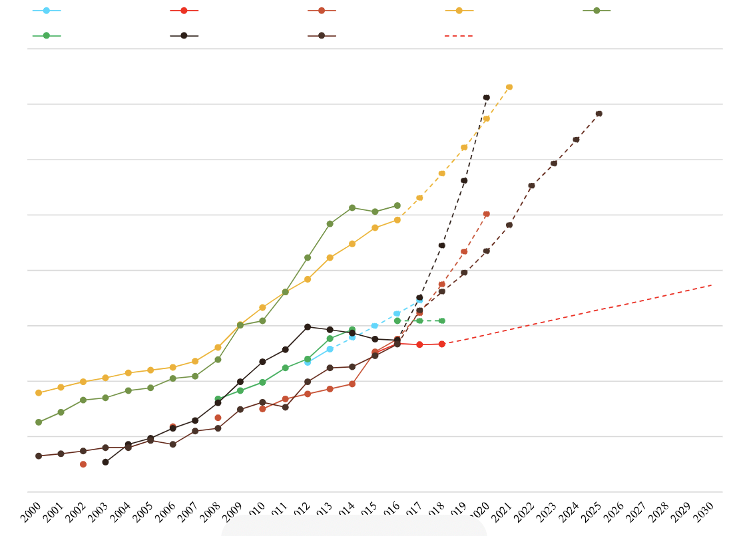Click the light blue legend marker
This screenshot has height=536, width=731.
click(x=46, y=11)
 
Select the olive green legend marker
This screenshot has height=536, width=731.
click(x=597, y=11)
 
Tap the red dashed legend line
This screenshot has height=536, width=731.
click(x=459, y=35)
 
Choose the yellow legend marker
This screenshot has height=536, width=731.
click(x=459, y=11)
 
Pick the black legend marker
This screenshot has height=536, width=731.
click(x=184, y=35)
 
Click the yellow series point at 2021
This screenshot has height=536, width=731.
click(x=509, y=87)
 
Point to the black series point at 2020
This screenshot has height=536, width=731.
click(x=487, y=98)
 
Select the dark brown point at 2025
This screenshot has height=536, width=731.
click(x=599, y=114)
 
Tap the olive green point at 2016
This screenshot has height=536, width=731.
click(x=397, y=205)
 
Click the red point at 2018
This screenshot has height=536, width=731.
click(x=442, y=344)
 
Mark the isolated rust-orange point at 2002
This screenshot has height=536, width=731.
click(x=83, y=464)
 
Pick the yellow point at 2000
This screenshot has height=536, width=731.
click(x=39, y=393)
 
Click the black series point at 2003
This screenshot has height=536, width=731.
click(x=105, y=462)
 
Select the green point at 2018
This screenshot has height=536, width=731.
click(x=442, y=321)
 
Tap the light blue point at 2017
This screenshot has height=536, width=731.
click(x=420, y=301)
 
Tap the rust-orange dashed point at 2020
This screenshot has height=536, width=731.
click(x=487, y=214)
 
